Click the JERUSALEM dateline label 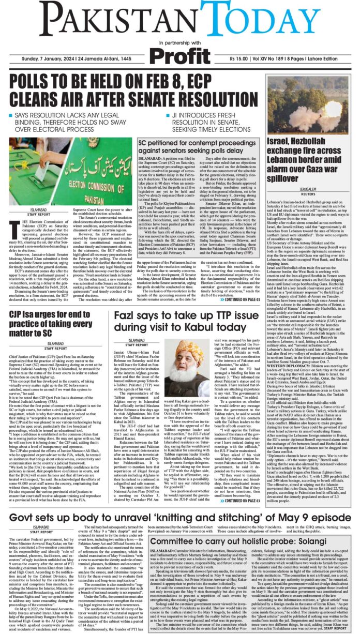311,190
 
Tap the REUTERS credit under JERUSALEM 311,194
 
